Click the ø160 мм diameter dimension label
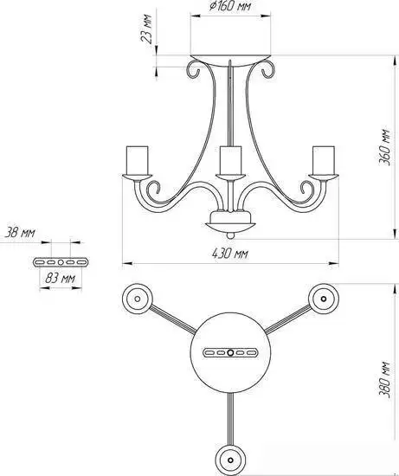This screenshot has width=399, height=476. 230,6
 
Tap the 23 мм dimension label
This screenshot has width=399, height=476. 146,29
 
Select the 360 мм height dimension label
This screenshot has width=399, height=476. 383,147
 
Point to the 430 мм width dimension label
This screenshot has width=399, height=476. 230,254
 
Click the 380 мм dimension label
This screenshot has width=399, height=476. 383,379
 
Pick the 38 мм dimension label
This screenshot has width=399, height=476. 20,233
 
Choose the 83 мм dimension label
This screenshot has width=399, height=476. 60,278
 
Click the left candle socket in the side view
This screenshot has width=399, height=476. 137,161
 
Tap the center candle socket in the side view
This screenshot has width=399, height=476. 230,161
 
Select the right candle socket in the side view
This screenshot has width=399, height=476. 324,161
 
